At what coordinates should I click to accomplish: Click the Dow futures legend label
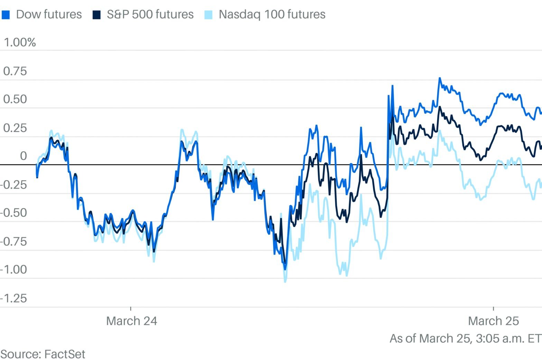click(49, 15)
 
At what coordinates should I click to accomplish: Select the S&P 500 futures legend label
click(150, 15)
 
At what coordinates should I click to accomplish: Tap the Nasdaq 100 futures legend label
click(272, 15)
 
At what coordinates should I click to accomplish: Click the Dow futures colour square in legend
click(6, 15)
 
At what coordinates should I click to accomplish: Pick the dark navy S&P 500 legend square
click(96, 15)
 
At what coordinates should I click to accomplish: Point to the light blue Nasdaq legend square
click(208, 15)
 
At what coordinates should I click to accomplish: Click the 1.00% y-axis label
click(20, 42)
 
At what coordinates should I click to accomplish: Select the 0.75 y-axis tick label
click(15, 71)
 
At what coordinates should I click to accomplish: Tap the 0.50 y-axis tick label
click(15, 100)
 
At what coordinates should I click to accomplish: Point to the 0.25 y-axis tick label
click(15, 128)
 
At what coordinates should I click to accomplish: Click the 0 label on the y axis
click(23, 156)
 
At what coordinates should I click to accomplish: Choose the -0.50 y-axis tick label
click(13, 213)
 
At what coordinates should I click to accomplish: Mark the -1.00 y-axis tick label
click(13, 269)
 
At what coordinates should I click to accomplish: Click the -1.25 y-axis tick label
click(13, 298)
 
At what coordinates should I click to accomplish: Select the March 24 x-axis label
click(131, 321)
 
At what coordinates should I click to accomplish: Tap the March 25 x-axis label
click(493, 321)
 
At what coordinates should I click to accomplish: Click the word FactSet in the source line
click(65, 354)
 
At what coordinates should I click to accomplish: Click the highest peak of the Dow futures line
click(440, 78)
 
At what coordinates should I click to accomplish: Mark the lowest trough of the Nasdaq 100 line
click(285, 282)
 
